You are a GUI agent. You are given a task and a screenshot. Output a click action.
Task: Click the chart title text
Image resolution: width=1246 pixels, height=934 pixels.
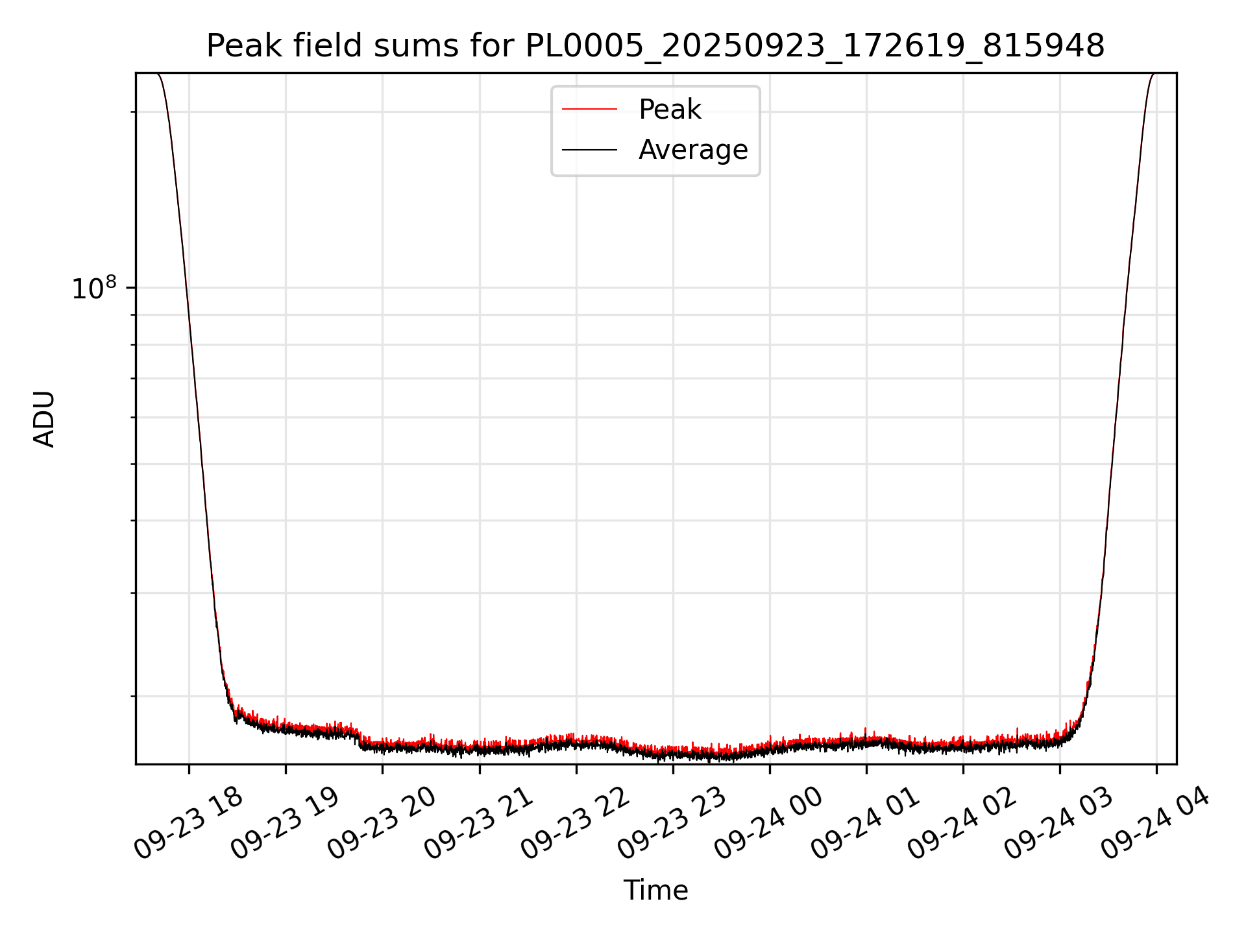(x=655, y=46)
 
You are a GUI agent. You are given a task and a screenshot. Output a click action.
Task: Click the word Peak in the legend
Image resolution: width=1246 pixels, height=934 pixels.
(x=670, y=110)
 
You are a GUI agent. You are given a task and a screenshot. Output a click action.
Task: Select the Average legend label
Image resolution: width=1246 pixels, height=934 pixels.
(x=693, y=150)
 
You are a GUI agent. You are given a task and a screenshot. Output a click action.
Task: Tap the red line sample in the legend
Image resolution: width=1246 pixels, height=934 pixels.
(x=589, y=110)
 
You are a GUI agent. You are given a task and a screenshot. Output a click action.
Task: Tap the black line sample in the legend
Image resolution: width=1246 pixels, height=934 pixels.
(x=589, y=150)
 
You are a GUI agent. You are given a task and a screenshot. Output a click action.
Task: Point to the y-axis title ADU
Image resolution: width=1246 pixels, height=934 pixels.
(x=44, y=419)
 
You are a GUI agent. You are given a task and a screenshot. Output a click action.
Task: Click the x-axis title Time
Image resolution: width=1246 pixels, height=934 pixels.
(x=655, y=891)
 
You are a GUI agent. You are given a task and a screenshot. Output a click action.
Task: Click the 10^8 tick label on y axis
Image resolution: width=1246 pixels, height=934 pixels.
(x=93, y=289)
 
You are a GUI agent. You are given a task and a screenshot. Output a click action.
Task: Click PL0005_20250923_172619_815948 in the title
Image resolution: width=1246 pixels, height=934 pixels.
(x=814, y=46)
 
